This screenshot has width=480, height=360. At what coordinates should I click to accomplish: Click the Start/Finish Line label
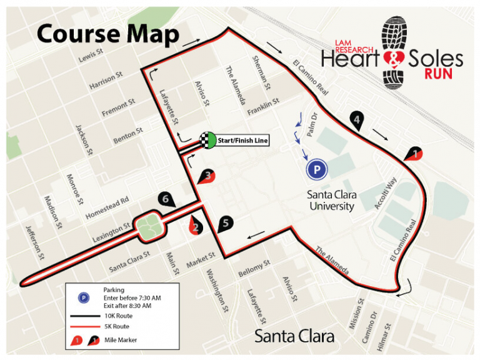pos(243,141)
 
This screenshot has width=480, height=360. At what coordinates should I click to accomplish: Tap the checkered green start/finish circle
pos(207,141)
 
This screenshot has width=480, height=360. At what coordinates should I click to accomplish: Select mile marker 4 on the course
pos(357,121)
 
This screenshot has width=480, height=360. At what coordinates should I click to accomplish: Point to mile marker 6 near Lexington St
pos(165,199)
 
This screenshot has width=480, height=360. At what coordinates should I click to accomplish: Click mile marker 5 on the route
pos(226,222)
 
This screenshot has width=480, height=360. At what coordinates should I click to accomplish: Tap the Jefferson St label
pos(34,242)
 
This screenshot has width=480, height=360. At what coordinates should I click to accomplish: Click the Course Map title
pos(107,34)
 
